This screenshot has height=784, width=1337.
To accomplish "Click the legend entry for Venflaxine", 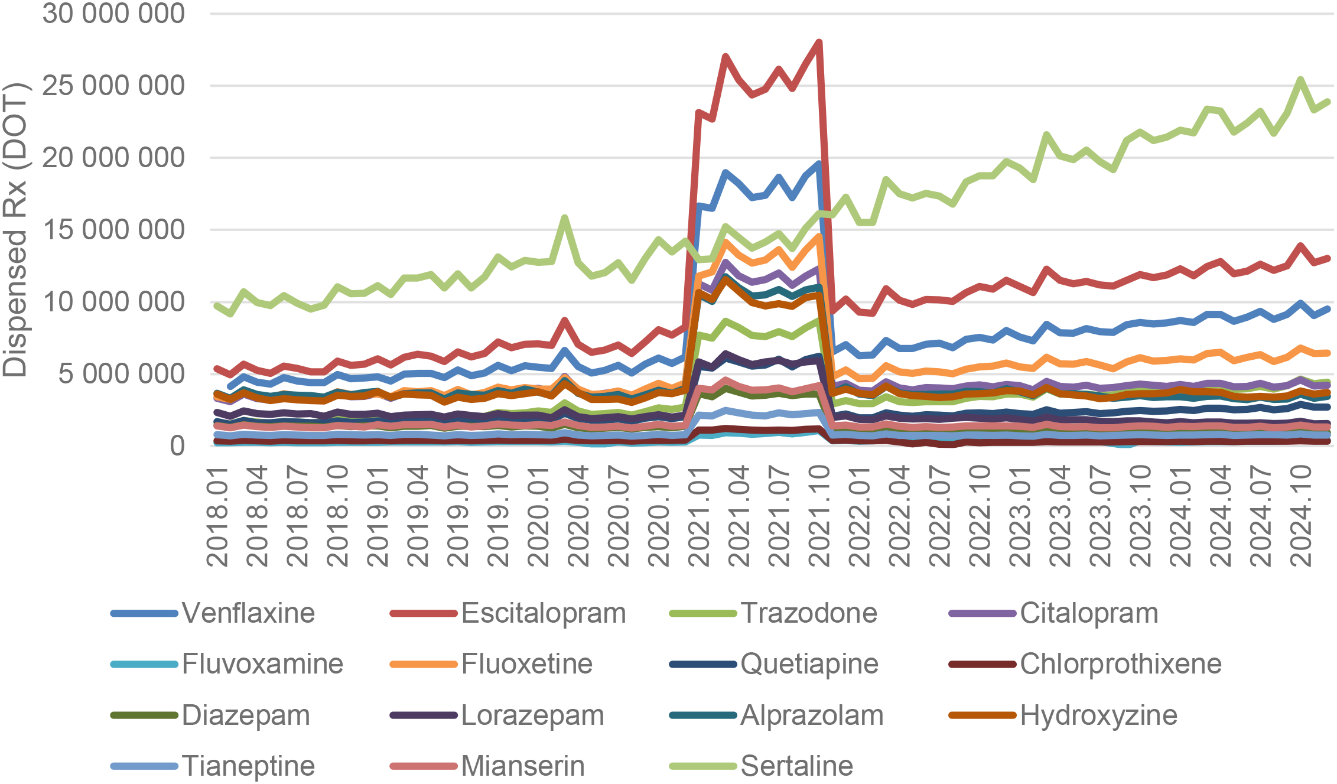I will coord(248,613).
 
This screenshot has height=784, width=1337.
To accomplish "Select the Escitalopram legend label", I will coord(543,613).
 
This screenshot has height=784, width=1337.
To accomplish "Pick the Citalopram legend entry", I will coord(1088,613).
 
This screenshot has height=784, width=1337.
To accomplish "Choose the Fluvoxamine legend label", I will coord(262,664).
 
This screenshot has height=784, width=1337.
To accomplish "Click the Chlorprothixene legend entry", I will coord(1120,664).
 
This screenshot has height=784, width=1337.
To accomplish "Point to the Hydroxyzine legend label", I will coord(1098,715).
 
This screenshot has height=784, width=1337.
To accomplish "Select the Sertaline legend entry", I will coord(796,766).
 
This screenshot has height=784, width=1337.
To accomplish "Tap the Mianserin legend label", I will coord(522,766).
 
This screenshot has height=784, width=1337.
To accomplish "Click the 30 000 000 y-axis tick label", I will coord(113,14).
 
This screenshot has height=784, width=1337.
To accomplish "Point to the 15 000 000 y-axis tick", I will coord(113,230).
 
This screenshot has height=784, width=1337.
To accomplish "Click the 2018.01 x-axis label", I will coord(217,517).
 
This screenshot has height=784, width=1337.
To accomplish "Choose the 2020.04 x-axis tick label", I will coord(578,517).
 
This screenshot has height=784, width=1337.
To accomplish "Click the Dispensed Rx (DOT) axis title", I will coord(15,230).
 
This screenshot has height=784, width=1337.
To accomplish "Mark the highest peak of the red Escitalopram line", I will coord(819,43).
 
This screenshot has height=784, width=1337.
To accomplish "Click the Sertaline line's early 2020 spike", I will coord(565,218).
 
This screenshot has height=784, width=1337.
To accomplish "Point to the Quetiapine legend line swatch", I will coord(703,665).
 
